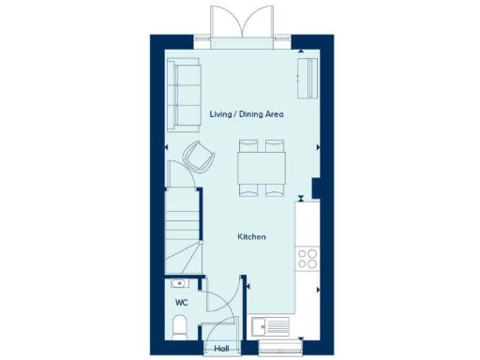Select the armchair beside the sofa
click(199, 156)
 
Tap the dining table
click(262, 168)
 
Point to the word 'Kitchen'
click(251, 237)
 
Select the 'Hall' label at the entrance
click(222, 348)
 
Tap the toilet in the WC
click(180, 326)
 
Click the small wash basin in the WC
click(179, 283)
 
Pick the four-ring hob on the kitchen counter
click(306, 258)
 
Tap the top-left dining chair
click(248, 146)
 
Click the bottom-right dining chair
click(275, 189)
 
